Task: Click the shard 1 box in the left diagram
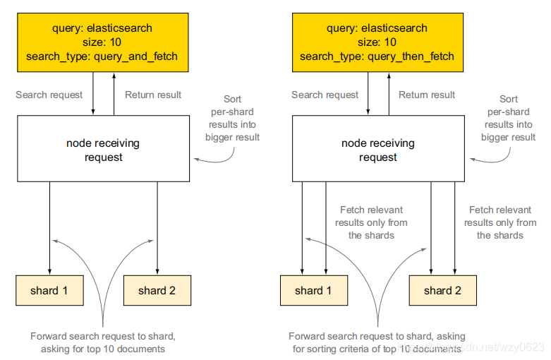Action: pyautogui.click(x=49, y=290)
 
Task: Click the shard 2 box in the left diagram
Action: pyautogui.click(x=157, y=290)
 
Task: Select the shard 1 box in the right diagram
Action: pyautogui.click(x=314, y=290)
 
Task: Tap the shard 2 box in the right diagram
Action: pyautogui.click(x=443, y=290)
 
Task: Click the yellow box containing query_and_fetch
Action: pyautogui.click(x=102, y=42)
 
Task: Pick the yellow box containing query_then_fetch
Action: pyautogui.click(x=377, y=42)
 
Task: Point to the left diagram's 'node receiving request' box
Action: pyautogui.click(x=103, y=149)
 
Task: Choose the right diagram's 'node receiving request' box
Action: pyautogui.click(x=378, y=149)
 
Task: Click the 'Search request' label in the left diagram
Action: pyautogui.click(x=49, y=95)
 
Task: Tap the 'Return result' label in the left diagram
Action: pyautogui.click(x=153, y=95)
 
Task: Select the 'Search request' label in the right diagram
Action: pyautogui.click(x=325, y=95)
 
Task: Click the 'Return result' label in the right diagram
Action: pyautogui.click(x=427, y=95)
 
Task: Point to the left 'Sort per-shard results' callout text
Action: pyautogui.click(x=232, y=118)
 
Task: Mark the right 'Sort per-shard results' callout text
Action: pyautogui.click(x=508, y=118)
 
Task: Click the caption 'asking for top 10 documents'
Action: pyautogui.click(x=102, y=349)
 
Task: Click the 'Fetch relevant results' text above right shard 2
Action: pyautogui.click(x=500, y=222)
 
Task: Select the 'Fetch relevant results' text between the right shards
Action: pyautogui.click(x=371, y=222)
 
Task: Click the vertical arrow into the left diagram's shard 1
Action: pyautogui.click(x=49, y=228)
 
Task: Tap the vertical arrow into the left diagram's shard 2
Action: pyautogui.click(x=157, y=228)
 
